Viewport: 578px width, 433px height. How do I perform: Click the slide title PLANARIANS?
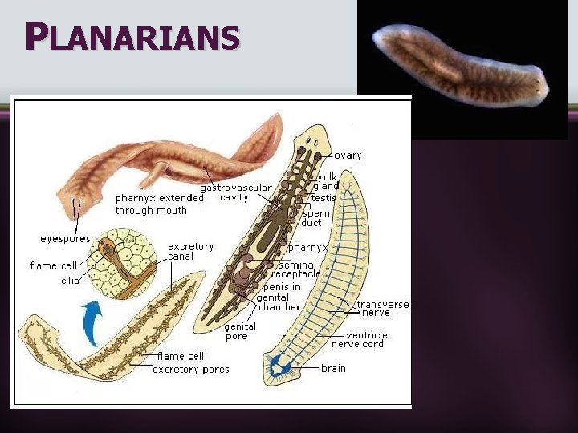tap(132, 36)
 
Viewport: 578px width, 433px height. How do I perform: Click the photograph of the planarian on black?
tap(461, 67)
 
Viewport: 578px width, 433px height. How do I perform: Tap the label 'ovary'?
tap(348, 155)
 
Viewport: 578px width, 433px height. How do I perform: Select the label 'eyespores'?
tap(65, 238)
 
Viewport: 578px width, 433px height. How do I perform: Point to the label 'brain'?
tap(333, 368)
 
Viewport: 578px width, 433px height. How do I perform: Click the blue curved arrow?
tap(94, 322)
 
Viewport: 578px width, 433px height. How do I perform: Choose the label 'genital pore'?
tap(240, 331)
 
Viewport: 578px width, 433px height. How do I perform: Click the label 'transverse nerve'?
tap(382, 309)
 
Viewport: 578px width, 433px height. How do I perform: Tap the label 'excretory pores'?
tap(190, 370)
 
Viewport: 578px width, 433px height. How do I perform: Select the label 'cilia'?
tap(70, 281)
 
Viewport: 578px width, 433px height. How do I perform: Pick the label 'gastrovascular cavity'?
tap(236, 192)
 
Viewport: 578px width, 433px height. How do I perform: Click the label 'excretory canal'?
tap(191, 251)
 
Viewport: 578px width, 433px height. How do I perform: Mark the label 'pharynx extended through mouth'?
tap(151, 204)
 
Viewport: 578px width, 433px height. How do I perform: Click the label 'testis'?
tap(324, 197)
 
